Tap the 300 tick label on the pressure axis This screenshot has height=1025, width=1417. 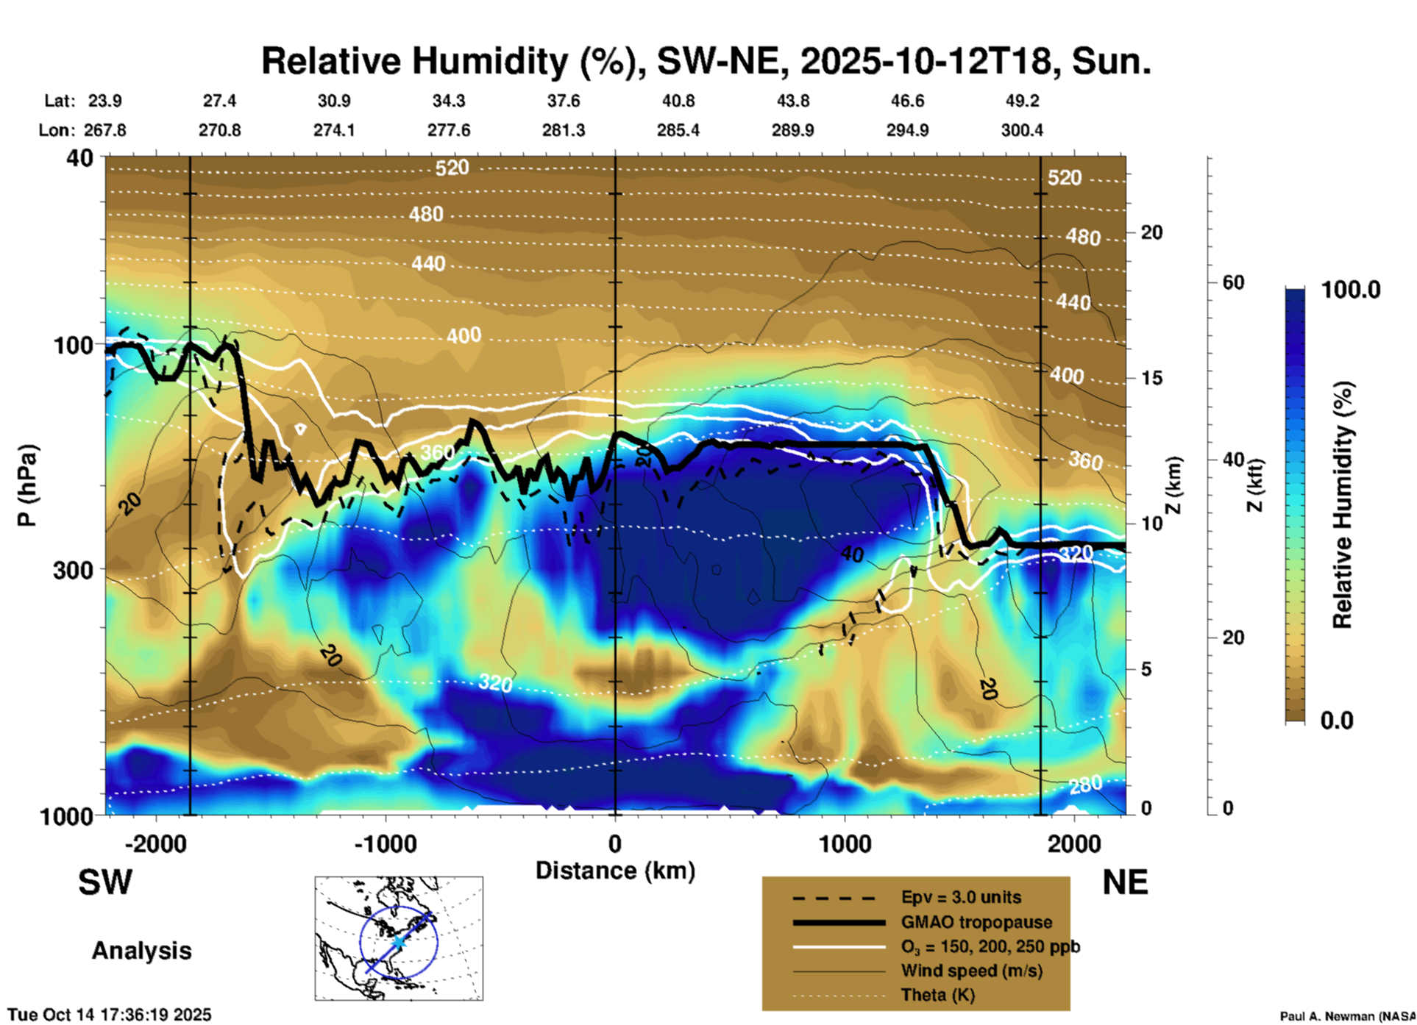[x=73, y=570]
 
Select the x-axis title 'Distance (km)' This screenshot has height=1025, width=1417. [x=615, y=871]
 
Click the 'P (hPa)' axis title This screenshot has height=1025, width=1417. [x=27, y=485]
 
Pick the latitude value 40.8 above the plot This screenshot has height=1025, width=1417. [x=678, y=101]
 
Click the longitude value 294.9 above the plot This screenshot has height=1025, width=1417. [x=907, y=130]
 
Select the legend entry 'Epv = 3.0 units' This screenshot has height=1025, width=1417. [x=960, y=897]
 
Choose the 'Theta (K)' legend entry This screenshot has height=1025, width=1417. [x=937, y=995]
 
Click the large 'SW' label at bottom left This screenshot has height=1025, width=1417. [x=105, y=882]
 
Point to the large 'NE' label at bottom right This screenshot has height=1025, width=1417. [x=1125, y=882]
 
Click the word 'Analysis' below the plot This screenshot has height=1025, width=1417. [x=141, y=951]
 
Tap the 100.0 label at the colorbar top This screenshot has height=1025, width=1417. [x=1351, y=290]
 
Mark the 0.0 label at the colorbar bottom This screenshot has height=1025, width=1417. [x=1337, y=720]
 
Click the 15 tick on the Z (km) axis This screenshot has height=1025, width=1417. [x=1151, y=378]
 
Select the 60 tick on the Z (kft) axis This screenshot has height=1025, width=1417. [x=1233, y=282]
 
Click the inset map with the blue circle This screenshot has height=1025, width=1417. [x=399, y=938]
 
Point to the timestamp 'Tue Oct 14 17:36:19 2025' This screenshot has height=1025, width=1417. [x=110, y=1015]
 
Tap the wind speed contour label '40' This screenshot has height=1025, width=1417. [x=852, y=554]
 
